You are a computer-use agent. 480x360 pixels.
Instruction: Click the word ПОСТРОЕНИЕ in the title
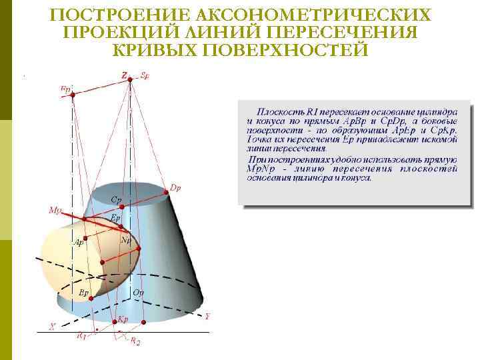[111, 15]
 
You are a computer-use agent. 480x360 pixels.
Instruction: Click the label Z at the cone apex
[124, 75]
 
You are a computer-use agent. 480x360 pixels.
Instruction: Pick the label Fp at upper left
[66, 88]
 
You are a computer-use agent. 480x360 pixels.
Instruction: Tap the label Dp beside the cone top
[176, 188]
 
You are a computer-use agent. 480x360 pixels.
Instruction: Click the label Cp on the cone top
[116, 199]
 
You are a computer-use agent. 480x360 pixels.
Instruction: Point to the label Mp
[55, 210]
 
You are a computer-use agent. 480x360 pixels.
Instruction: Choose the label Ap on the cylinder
[79, 243]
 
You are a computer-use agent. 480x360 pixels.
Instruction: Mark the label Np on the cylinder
[125, 240]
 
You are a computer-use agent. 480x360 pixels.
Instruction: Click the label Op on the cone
[137, 293]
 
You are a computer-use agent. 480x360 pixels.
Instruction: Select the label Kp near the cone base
[123, 319]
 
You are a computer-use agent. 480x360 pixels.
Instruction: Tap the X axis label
[52, 326]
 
